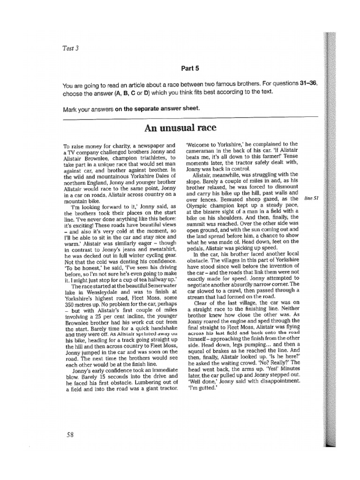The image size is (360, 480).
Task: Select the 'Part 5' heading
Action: point(190,68)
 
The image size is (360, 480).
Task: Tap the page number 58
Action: point(70,435)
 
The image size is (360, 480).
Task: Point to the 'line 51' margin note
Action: point(311,198)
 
